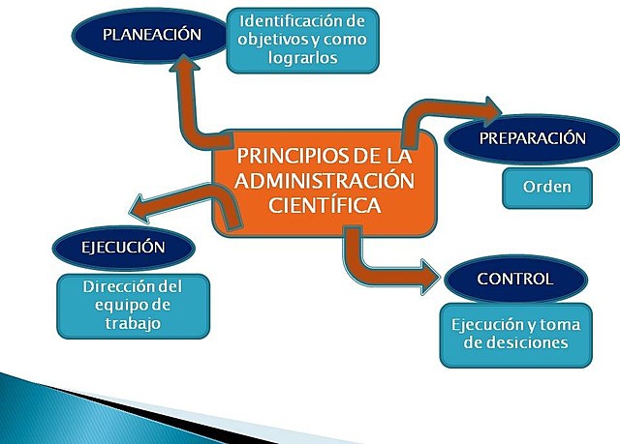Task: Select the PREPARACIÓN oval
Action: [533, 138]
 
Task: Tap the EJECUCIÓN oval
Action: [123, 247]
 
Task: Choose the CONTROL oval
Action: [515, 280]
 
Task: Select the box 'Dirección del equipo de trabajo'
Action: [132, 305]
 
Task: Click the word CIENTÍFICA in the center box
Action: [325, 205]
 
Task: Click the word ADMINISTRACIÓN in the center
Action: [325, 181]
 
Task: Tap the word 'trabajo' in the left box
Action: [132, 324]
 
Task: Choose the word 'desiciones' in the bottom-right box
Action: [514, 343]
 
